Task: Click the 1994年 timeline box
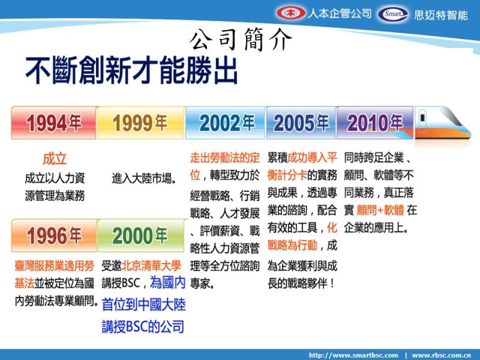coord(54,123)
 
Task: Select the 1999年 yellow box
coord(141,123)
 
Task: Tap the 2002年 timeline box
coord(226,123)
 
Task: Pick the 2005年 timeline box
coord(302,123)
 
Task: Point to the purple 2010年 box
coord(375,123)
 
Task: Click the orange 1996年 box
coord(54,235)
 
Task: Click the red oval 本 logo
coord(290,13)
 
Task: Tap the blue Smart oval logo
coord(393,14)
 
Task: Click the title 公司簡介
coord(241,39)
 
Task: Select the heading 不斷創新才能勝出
coord(131,70)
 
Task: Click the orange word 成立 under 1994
coord(55,159)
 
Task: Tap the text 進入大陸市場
coord(144,178)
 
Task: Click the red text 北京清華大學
coord(151,266)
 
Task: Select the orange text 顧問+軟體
coord(380,211)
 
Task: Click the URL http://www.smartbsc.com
coord(353,355)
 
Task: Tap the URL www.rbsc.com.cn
coord(441,355)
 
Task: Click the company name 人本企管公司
coord(339,13)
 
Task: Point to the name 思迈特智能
coord(441,15)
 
